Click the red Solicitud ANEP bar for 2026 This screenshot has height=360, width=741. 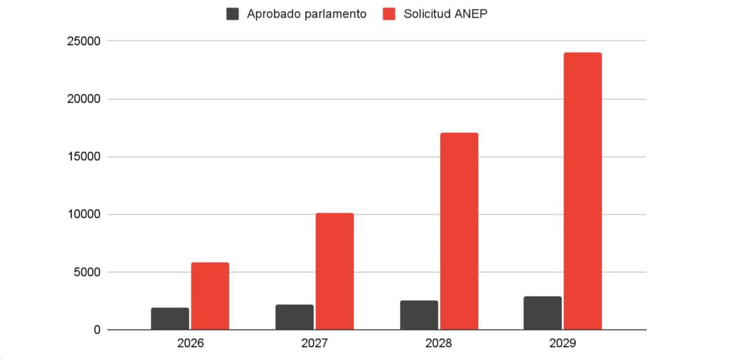[x=210, y=296]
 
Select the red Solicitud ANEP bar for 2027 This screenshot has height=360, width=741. [x=335, y=272]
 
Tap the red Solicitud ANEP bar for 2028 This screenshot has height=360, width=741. [x=459, y=232]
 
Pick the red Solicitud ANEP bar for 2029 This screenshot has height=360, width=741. [x=582, y=191]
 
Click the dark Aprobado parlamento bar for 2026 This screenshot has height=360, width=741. [x=170, y=319]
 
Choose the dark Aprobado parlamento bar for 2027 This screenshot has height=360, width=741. [x=295, y=317]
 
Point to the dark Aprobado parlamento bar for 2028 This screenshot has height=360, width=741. [x=419, y=315]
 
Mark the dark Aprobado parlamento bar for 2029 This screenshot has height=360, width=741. [x=543, y=313]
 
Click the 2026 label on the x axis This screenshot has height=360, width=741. [x=190, y=343]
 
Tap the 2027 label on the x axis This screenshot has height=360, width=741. [x=314, y=343]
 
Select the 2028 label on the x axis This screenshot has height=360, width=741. [x=438, y=343]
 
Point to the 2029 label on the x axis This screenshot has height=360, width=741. [x=563, y=343]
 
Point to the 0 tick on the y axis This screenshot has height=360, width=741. [x=96, y=330]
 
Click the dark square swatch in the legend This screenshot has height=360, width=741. [x=233, y=14]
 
